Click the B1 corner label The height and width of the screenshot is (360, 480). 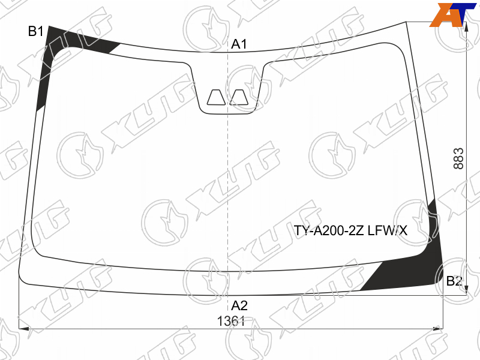coord(36,31)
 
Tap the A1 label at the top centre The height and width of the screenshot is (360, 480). coord(239,44)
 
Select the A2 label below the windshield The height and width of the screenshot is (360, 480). coord(239,305)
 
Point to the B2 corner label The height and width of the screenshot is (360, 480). coord(454,281)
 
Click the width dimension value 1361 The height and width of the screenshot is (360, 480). coord(231,321)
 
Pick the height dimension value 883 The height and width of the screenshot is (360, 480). coord(458,158)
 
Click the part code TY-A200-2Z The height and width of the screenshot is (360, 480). coord(329,230)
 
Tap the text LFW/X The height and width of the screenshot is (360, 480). coord(388,230)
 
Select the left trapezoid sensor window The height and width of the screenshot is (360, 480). coord(216,97)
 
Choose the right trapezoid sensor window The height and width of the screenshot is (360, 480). coord(239,97)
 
